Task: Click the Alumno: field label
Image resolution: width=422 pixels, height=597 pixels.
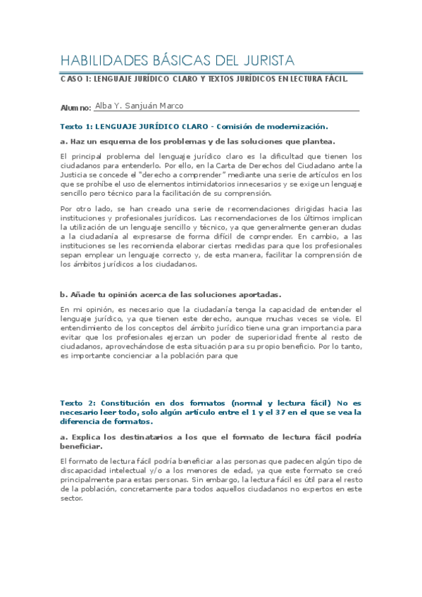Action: (76, 107)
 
